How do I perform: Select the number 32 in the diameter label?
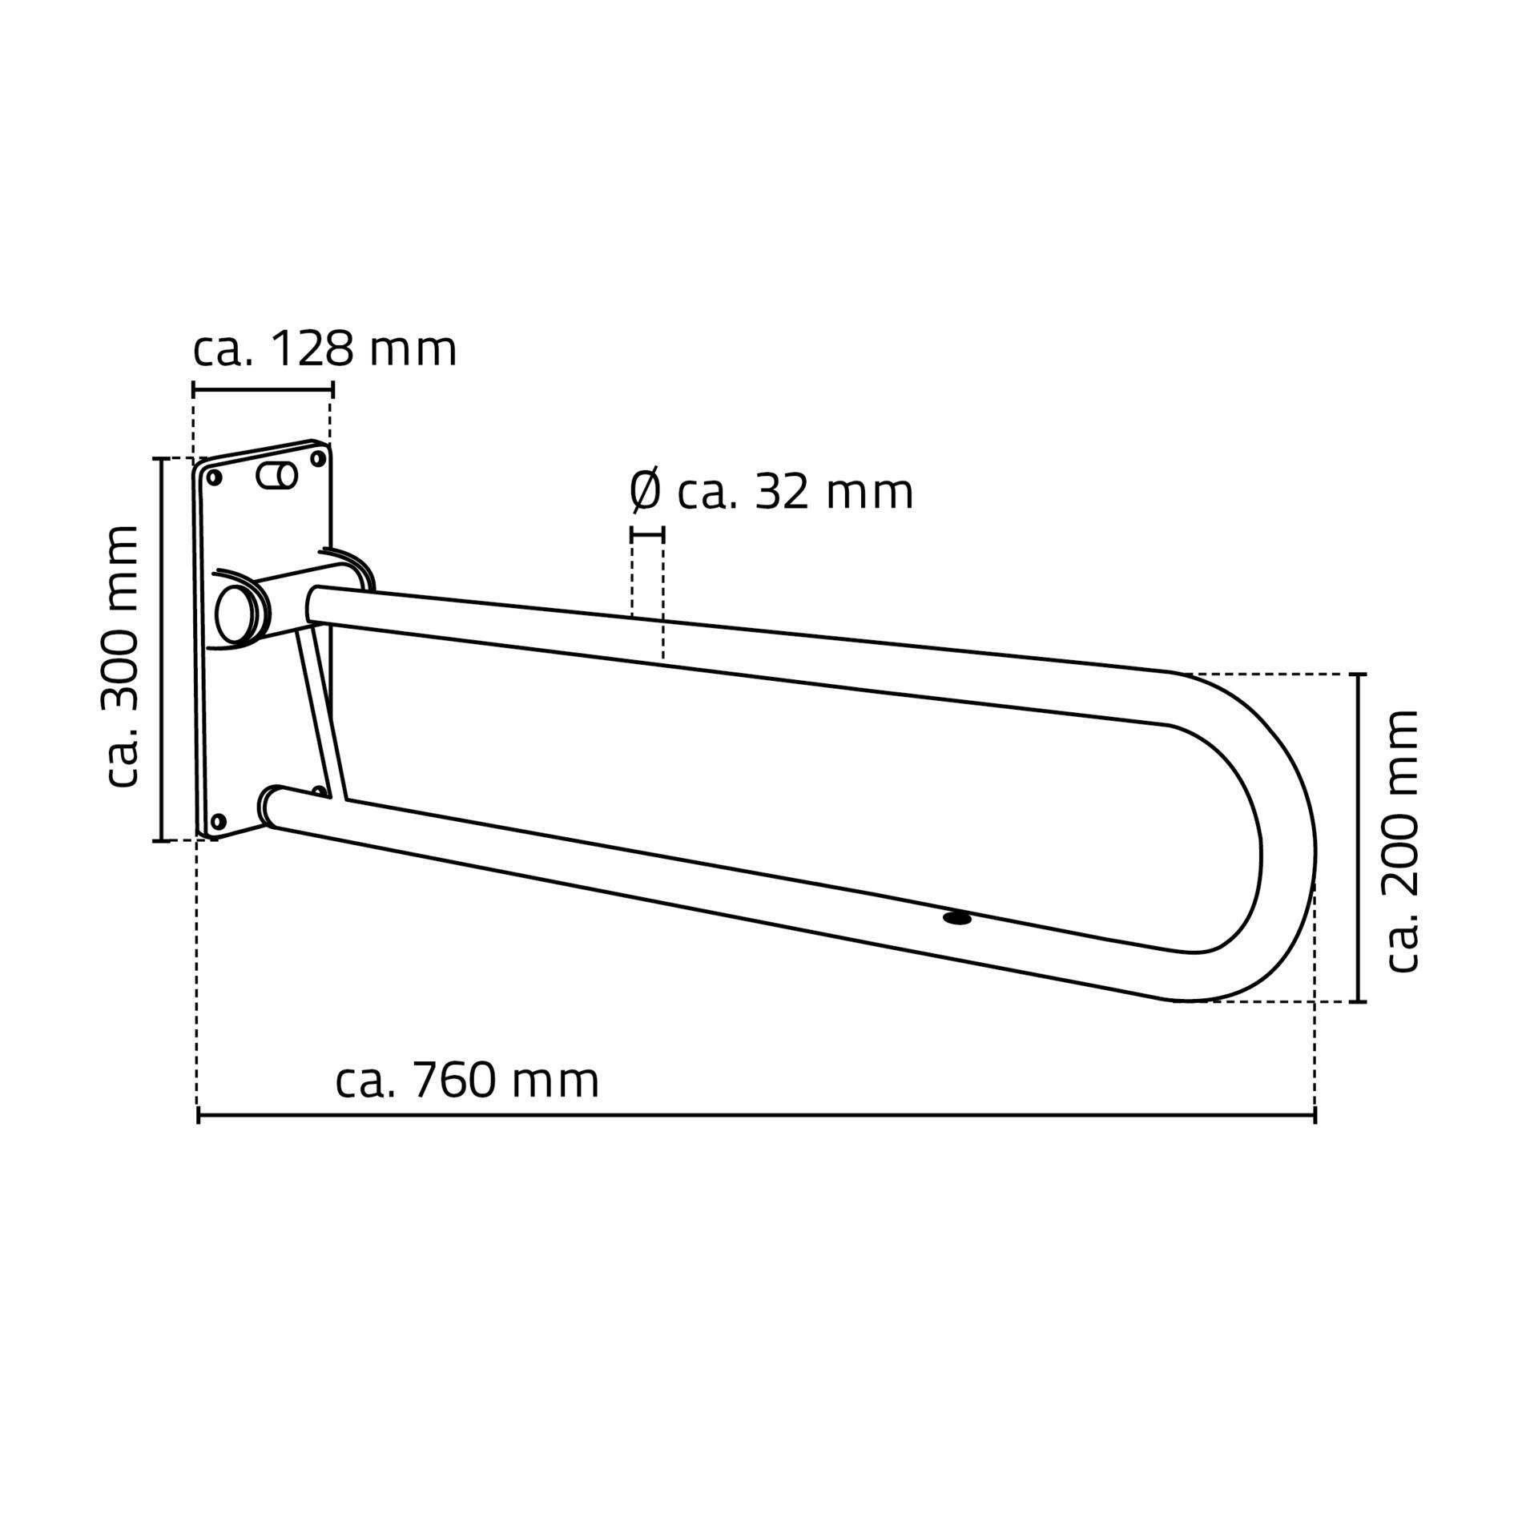click(783, 492)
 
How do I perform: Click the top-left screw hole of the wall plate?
click(214, 478)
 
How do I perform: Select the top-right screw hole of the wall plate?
click(317, 459)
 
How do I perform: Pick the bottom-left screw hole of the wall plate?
click(217, 821)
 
